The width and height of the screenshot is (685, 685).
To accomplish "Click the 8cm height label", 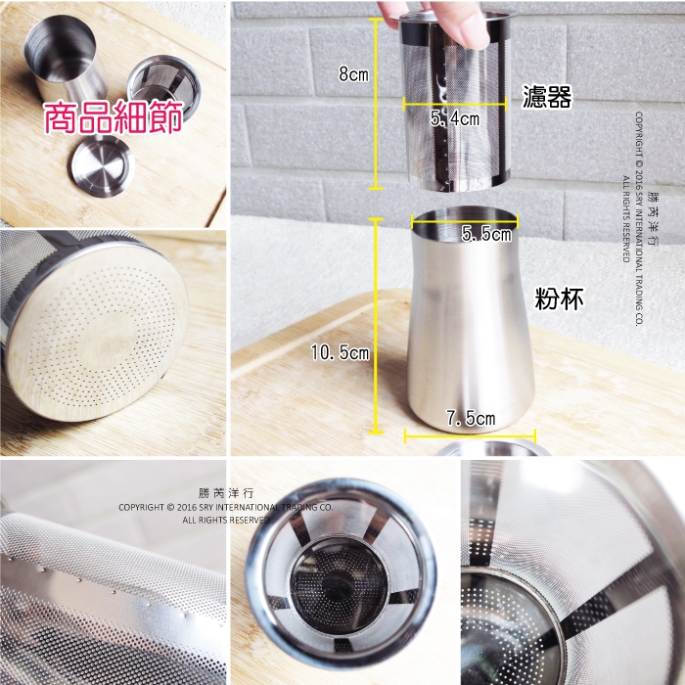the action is pyautogui.click(x=353, y=73).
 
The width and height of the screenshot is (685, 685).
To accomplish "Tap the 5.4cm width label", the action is pyautogui.click(x=455, y=118).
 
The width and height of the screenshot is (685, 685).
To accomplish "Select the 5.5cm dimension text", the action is pyautogui.click(x=486, y=234).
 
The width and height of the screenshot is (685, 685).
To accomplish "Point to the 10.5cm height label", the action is pyautogui.click(x=340, y=352).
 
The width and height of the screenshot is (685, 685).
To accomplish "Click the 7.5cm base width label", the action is pyautogui.click(x=471, y=418).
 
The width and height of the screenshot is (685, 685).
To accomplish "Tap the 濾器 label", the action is pyautogui.click(x=547, y=97).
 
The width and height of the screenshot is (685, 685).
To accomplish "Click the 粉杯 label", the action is pyautogui.click(x=559, y=299).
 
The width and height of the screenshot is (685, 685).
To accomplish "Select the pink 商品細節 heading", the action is pyautogui.click(x=114, y=117).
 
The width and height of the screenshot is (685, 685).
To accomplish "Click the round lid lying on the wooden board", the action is pyautogui.click(x=103, y=165).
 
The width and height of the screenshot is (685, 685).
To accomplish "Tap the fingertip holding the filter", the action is pyautogui.click(x=468, y=27).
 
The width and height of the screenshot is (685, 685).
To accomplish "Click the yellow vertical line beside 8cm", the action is pyautogui.click(x=376, y=104).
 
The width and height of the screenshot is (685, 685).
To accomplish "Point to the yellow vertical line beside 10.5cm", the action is pyautogui.click(x=376, y=326).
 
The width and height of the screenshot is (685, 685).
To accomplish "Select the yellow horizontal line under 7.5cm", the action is pyautogui.click(x=470, y=435).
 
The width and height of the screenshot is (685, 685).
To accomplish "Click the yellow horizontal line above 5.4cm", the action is pyautogui.click(x=454, y=104).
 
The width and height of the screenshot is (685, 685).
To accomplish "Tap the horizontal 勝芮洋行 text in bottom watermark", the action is pyautogui.click(x=225, y=493).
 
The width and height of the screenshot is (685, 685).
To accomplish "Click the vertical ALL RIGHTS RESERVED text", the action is pyautogui.click(x=626, y=218).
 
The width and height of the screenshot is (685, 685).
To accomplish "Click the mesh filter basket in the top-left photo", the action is pyautogui.click(x=163, y=89).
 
